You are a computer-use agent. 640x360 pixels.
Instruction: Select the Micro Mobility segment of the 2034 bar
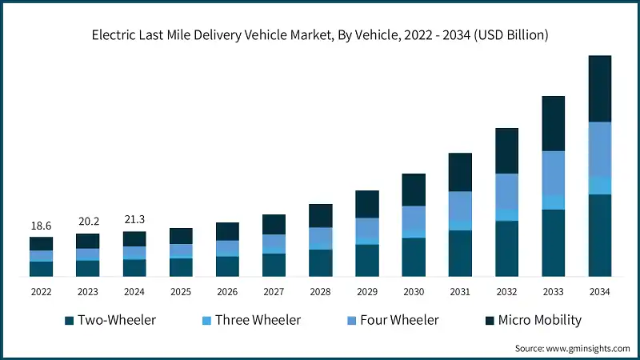click(600, 89)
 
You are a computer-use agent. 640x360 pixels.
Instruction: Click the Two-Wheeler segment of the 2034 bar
click(600, 235)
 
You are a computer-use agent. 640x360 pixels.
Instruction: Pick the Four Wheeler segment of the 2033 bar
click(554, 172)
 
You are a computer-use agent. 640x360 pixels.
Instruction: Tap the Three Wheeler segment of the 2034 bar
click(600, 186)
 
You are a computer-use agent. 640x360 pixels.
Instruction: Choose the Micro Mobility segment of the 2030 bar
click(414, 190)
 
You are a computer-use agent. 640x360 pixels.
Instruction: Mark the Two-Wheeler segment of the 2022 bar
click(42, 269)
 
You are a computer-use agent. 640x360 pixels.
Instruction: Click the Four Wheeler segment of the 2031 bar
click(460, 206)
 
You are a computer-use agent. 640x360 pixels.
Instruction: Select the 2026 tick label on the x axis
click(227, 292)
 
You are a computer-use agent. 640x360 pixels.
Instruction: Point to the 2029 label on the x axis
click(367, 292)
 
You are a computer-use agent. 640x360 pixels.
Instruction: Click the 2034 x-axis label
click(600, 292)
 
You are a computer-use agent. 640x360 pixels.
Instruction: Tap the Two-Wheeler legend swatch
click(70, 321)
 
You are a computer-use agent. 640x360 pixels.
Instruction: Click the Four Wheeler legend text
click(398, 320)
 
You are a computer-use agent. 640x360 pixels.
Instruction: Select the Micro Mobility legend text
click(540, 320)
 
